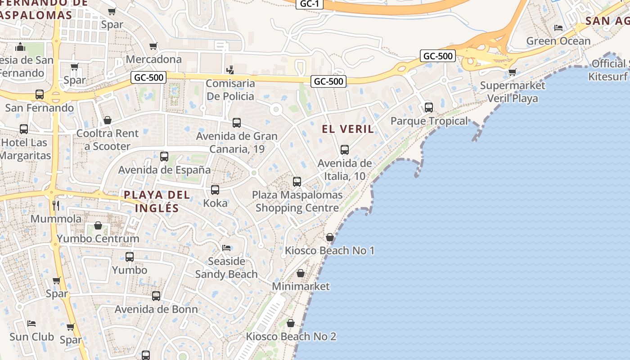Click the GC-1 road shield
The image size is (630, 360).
tap(310, 4)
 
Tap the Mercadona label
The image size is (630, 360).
tap(154, 59)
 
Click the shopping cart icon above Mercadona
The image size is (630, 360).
tap(153, 46)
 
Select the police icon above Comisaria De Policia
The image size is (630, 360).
tap(230, 70)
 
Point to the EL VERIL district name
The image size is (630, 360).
tap(348, 129)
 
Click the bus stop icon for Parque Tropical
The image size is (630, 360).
tap(429, 108)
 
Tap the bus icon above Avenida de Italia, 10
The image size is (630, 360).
tap(345, 150)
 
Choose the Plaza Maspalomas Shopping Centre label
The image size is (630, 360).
tap(297, 202)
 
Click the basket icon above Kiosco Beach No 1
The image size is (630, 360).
tap(330, 237)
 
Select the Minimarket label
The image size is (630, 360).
tap(301, 286)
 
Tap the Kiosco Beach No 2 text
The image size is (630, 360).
tap(291, 337)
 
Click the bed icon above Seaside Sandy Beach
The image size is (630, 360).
tap(226, 248)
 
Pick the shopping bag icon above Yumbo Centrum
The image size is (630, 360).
tap(98, 225)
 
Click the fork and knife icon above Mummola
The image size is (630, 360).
tap(56, 206)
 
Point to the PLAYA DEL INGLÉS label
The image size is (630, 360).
tap(157, 202)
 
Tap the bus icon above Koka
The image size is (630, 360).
tap(215, 190)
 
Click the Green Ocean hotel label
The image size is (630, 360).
tap(558, 41)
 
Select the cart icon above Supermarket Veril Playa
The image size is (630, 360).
tap(512, 72)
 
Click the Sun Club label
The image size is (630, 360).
tap(31, 337)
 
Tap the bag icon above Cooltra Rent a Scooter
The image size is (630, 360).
tap(108, 120)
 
